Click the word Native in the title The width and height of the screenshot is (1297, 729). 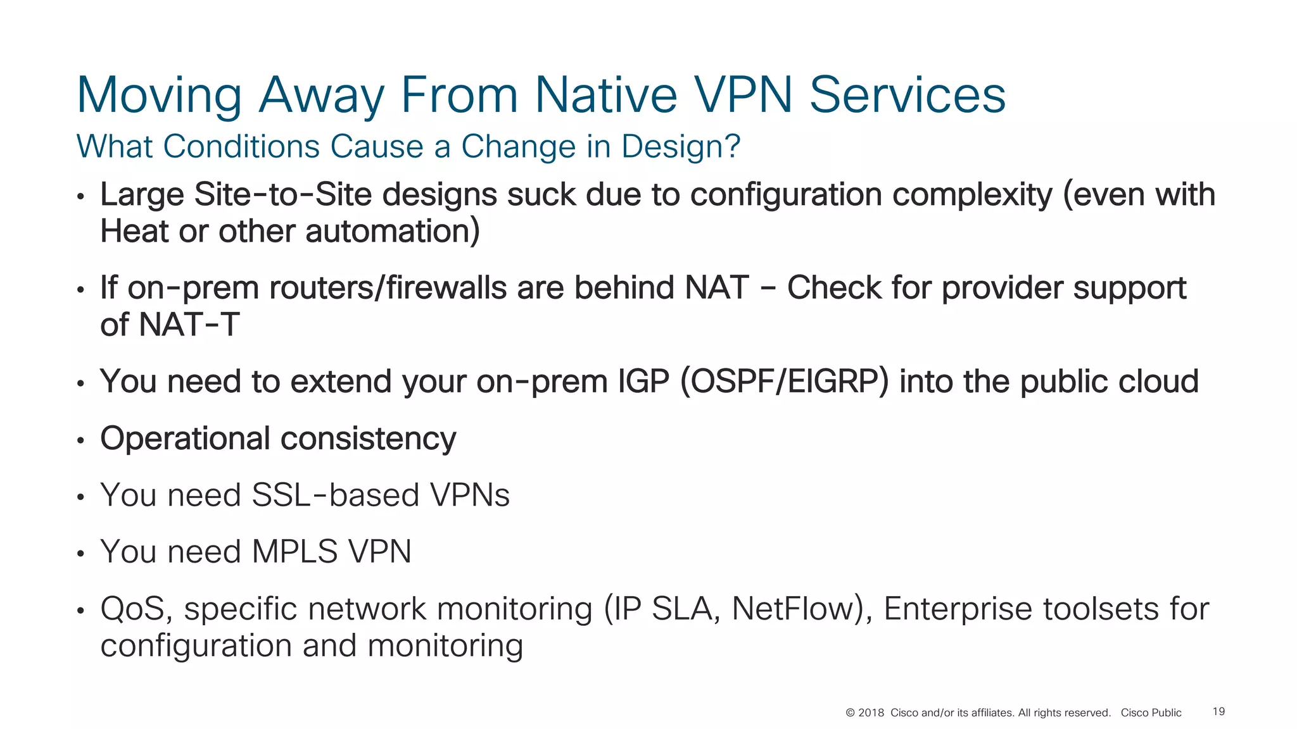tap(605, 95)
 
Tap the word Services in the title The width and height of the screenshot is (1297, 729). tap(907, 95)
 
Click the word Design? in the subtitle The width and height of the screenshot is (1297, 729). tap(680, 146)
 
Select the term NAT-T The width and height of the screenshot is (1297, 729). tap(189, 325)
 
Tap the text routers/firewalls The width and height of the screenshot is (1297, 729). tap(388, 288)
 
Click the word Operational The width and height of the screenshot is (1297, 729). tap(185, 439)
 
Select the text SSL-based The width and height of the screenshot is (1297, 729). tap(335, 495)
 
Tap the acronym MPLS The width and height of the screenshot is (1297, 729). tap(294, 551)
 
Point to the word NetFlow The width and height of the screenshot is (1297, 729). tap(795, 609)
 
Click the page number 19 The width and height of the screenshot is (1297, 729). tap(1218, 711)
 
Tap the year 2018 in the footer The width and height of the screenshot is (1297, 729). tap(871, 713)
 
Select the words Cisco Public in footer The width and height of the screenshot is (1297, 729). tap(1151, 713)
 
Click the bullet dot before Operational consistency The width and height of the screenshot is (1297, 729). tap(80, 440)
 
